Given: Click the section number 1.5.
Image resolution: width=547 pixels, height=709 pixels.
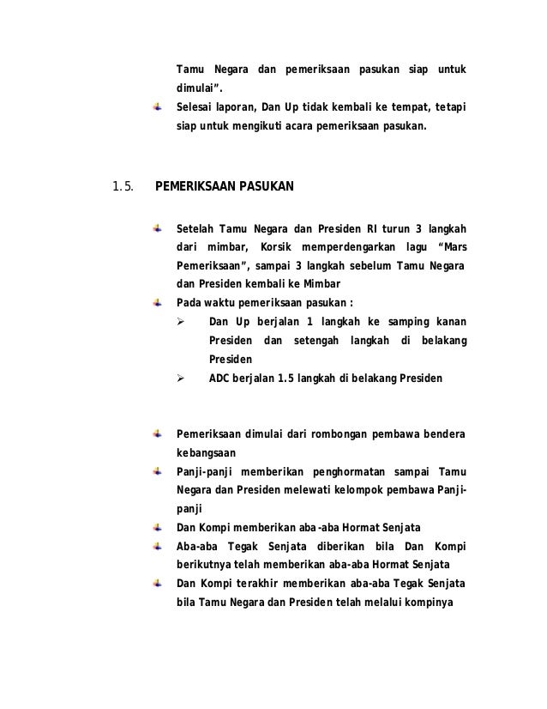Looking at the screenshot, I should pos(122,185).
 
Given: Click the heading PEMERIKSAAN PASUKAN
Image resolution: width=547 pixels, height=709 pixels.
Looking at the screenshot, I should pos(223,185).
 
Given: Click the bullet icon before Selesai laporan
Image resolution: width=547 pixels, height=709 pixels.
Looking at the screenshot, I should pos(158,108).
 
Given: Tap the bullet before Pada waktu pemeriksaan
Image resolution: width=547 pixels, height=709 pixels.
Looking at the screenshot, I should pos(158,302).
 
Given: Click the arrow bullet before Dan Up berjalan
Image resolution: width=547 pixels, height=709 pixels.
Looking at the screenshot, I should pos(180,322).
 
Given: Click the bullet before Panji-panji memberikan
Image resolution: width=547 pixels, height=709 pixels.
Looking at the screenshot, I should pos(158,471).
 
